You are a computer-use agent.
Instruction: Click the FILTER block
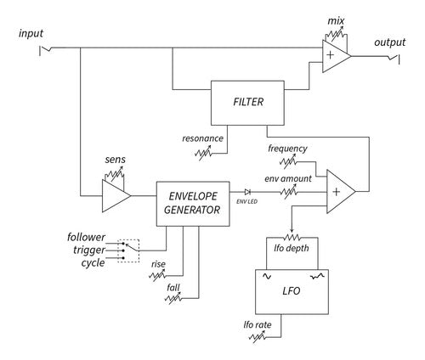pos(247,103)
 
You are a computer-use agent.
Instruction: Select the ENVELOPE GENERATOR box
pos(193,204)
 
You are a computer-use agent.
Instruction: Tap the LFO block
pos(292,292)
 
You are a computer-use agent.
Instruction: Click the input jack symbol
pos(45,50)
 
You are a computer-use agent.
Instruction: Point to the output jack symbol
pos(394,59)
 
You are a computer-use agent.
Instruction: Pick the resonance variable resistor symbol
pos(203,153)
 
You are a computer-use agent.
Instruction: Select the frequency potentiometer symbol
pos(288,161)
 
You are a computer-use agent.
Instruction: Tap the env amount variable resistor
pos(289,192)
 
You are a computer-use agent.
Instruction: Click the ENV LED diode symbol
pos(247,192)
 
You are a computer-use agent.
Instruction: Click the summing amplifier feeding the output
pos(337,56)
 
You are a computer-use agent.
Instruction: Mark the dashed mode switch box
pos(128,250)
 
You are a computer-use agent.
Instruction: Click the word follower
pos(86,237)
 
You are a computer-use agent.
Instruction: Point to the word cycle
pos(93,263)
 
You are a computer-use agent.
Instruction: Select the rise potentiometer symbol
pos(157,275)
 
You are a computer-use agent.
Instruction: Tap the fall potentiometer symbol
pos(173,298)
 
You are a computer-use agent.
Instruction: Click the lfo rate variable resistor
pos(258,337)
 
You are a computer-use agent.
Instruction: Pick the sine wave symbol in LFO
pos(267,276)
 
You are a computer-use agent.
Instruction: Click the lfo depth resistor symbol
pos(292,238)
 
